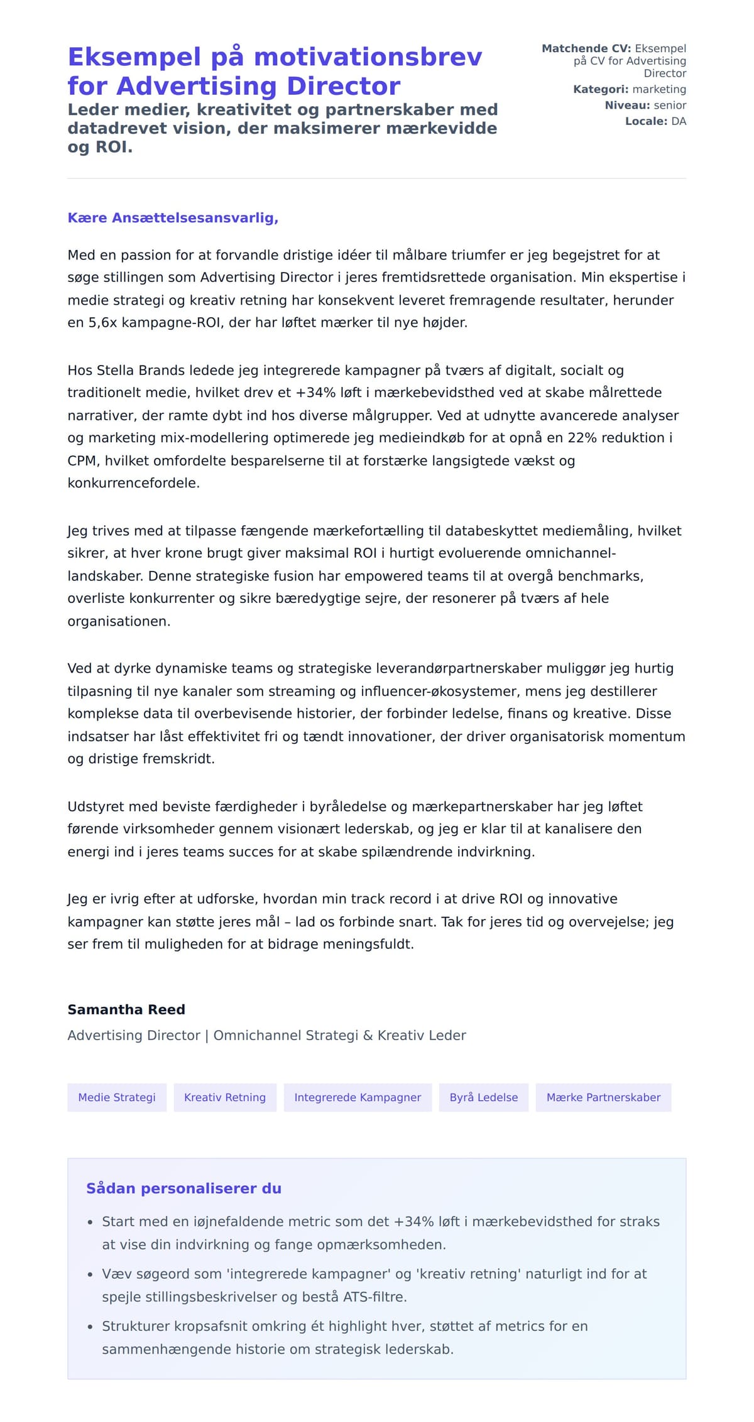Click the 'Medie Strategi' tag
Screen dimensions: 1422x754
[x=117, y=1097]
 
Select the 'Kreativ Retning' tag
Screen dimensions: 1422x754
[x=225, y=1097]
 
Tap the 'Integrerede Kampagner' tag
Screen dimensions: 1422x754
[x=358, y=1097]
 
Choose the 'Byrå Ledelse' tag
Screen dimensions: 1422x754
[x=484, y=1097]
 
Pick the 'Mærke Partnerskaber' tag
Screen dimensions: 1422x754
[x=603, y=1097]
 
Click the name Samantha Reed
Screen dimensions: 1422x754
[x=126, y=1009]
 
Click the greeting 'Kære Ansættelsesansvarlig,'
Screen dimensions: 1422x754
[x=173, y=218]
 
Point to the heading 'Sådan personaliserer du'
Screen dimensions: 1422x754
[x=183, y=1188]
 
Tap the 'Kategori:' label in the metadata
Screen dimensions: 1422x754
[x=600, y=89]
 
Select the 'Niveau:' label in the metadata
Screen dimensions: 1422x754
[x=627, y=106]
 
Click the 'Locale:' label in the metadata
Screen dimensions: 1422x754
[x=646, y=121]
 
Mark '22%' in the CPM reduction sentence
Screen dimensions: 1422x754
[x=582, y=438]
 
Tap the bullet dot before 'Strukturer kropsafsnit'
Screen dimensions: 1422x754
[x=90, y=1327]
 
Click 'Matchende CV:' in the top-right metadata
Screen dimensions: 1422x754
[x=586, y=48]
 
